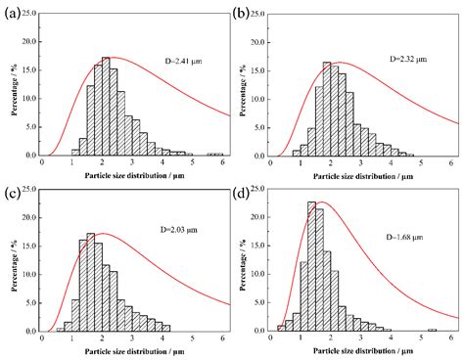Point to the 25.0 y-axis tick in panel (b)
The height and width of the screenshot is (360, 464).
(256, 15)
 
